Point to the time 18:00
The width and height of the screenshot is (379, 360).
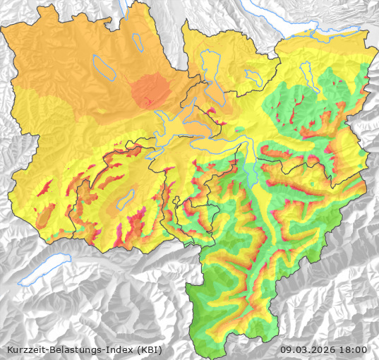pos(354,349)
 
